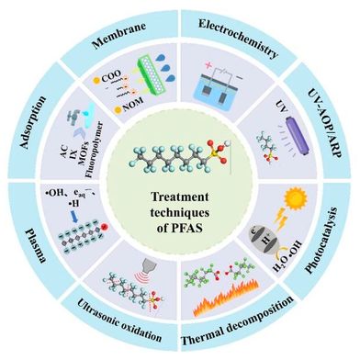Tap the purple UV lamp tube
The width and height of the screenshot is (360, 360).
click(283, 143)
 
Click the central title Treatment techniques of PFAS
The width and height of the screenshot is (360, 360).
click(179, 209)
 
